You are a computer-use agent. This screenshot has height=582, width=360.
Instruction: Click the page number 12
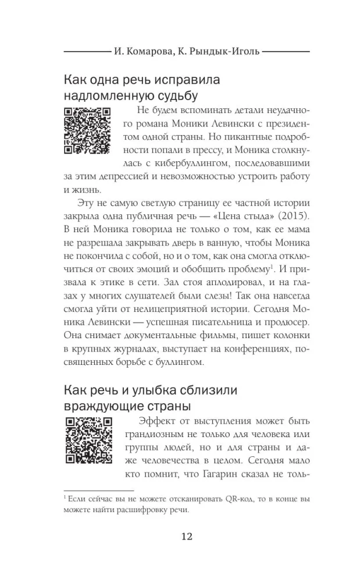pyautogui.click(x=180, y=536)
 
